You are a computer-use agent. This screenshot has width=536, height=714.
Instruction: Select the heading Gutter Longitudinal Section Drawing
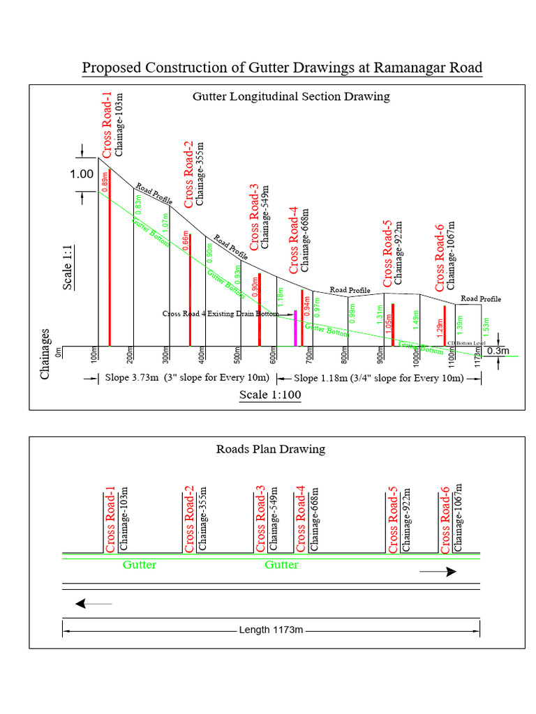(291, 96)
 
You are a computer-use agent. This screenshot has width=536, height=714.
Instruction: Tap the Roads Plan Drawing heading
(271, 449)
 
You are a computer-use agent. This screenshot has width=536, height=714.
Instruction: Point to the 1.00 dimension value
(81, 174)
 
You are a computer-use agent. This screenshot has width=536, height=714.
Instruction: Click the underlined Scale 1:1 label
(68, 266)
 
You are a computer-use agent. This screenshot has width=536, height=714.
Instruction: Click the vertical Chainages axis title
(46, 354)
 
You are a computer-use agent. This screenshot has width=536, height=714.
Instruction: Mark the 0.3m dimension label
(498, 351)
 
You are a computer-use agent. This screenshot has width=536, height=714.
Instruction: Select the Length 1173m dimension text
(271, 630)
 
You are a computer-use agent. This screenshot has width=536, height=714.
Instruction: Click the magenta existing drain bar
(295, 328)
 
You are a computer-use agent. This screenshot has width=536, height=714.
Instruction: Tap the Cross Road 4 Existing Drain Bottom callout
(220, 314)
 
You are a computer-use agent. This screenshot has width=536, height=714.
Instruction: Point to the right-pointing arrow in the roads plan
(438, 571)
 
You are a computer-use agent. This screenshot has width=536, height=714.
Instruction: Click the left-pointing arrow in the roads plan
(93, 603)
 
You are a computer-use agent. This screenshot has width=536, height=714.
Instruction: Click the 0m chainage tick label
(60, 353)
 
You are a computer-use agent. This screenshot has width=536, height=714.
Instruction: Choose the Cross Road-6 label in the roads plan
(445, 519)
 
